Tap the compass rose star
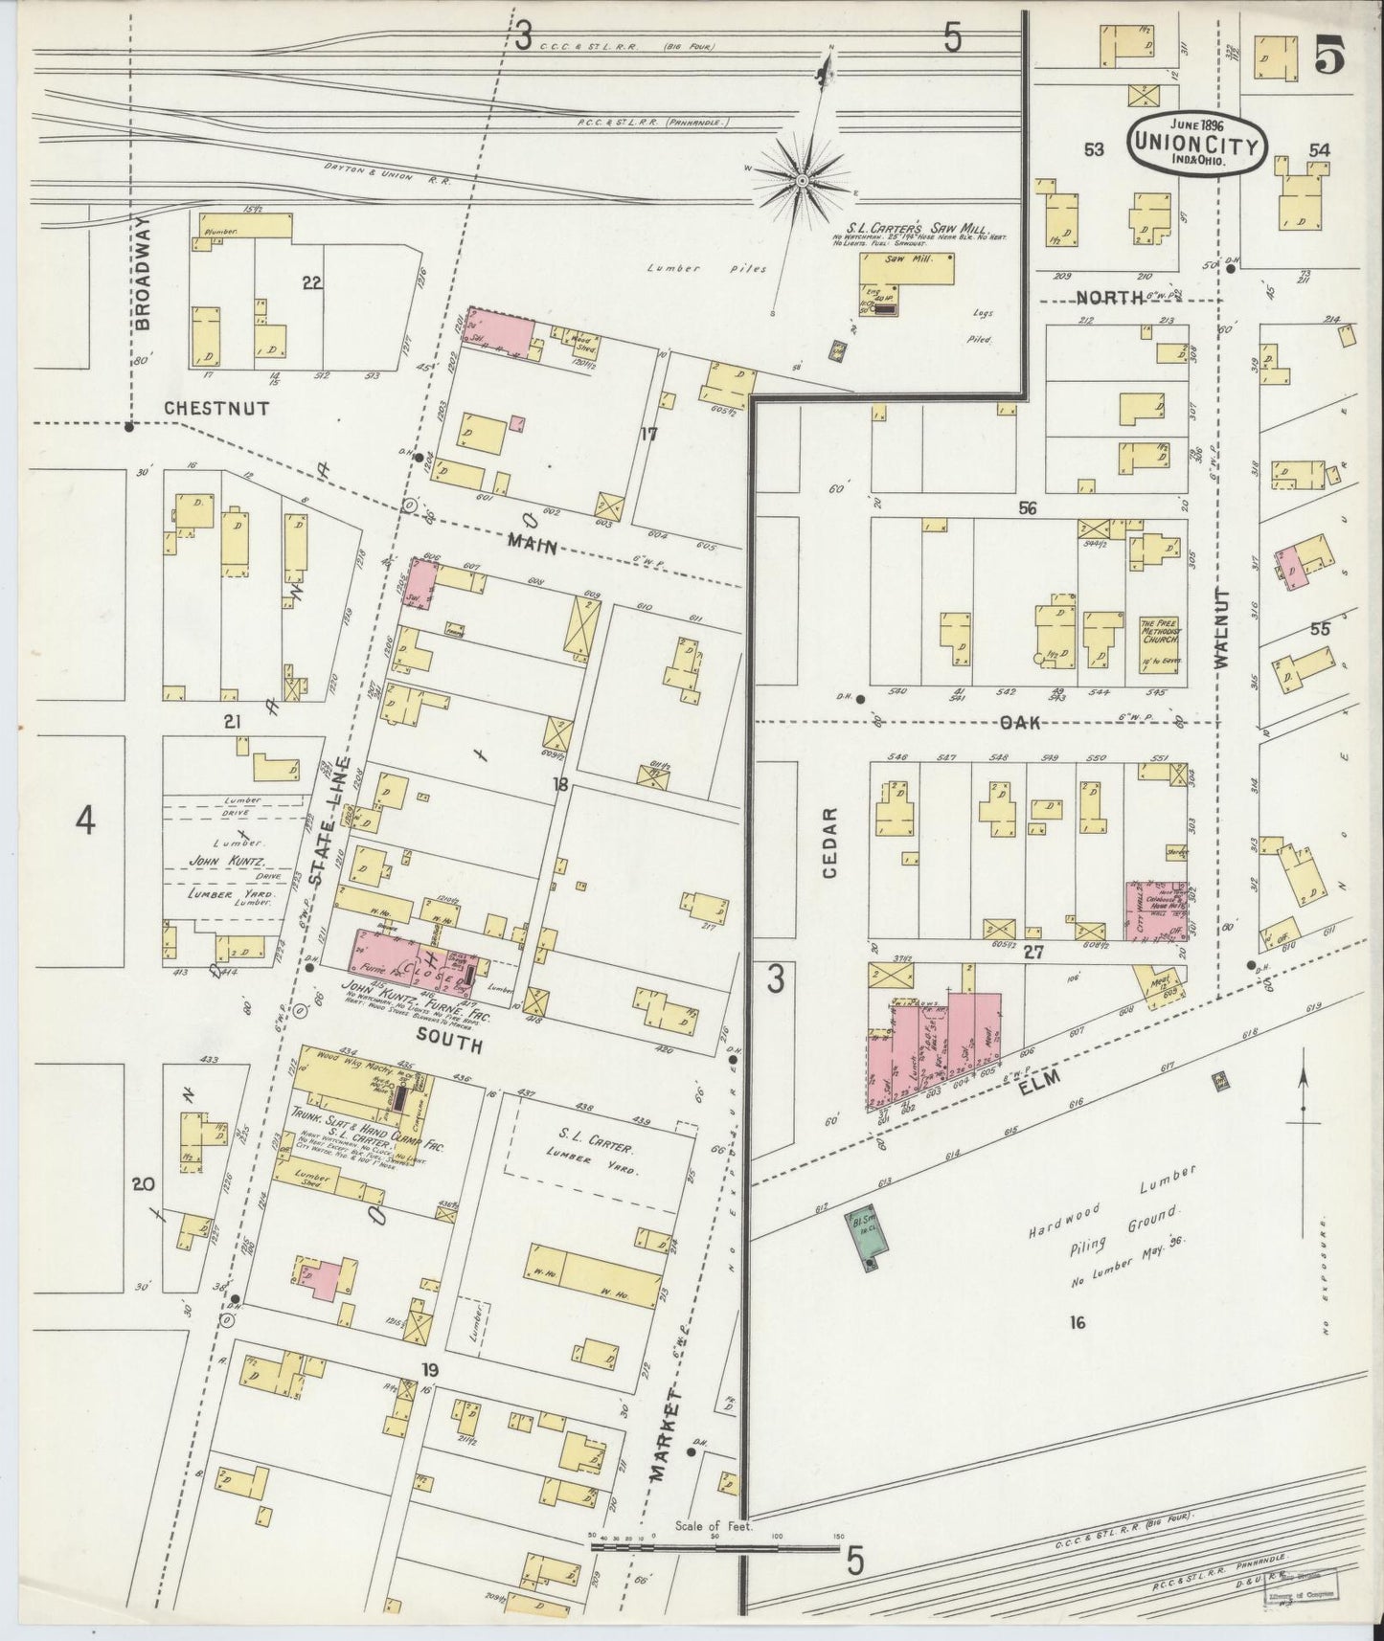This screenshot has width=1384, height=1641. click(x=802, y=179)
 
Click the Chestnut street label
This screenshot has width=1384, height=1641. click(x=216, y=408)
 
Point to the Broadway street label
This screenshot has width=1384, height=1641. click(x=143, y=272)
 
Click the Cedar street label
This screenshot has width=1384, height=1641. click(x=829, y=842)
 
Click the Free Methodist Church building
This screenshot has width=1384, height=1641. click(x=1160, y=636)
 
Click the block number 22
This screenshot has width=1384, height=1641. click(x=310, y=282)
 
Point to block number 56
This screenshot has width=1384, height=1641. click(x=1027, y=508)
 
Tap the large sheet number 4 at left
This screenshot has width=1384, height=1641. click(x=85, y=820)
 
